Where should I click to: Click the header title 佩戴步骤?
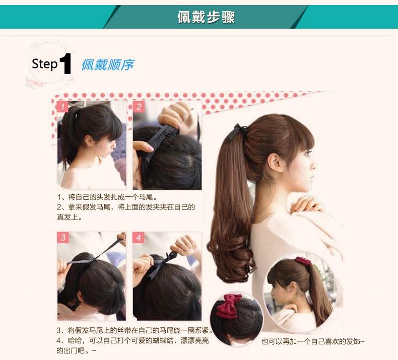click(x=206, y=17)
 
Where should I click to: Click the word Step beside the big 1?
click(x=44, y=64)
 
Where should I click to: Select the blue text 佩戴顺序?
click(x=107, y=64)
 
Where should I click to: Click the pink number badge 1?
click(x=62, y=107)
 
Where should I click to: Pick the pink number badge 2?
click(x=140, y=107)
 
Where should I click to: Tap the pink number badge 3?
click(x=62, y=238)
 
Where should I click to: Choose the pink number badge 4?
click(x=140, y=238)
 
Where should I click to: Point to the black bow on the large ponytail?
click(x=236, y=132)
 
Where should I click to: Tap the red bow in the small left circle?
click(x=229, y=306)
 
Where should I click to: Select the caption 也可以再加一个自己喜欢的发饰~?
click(x=312, y=342)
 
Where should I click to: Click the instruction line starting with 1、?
click(x=110, y=197)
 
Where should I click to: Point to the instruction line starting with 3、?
click(x=134, y=331)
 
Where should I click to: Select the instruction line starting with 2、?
click(x=125, y=207)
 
